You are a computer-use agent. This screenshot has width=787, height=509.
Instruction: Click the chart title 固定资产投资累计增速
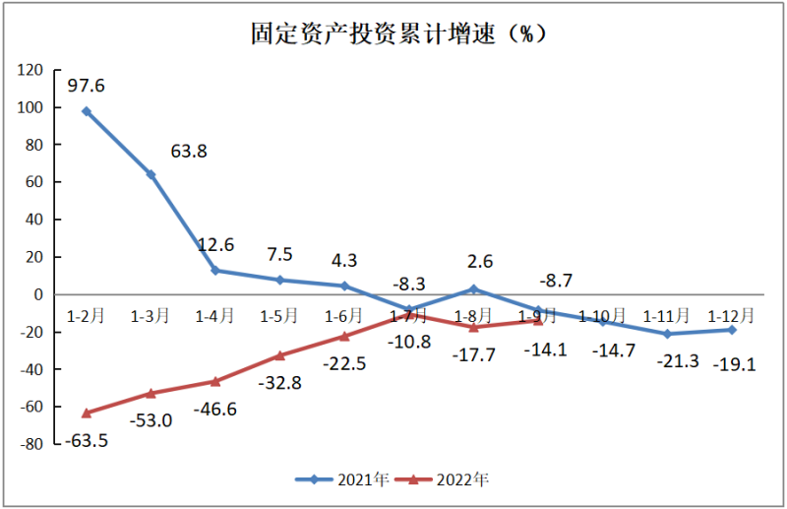pyautogui.click(x=393, y=33)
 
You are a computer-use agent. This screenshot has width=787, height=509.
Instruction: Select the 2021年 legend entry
pyautogui.click(x=344, y=480)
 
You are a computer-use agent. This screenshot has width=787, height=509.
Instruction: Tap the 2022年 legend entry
pyautogui.click(x=449, y=480)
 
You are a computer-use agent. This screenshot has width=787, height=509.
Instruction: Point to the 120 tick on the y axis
pyautogui.click(x=32, y=70)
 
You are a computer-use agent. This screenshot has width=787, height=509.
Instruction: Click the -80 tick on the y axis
pyautogui.click(x=32, y=444)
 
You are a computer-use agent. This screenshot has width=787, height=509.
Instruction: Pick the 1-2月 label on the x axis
pyautogui.click(x=86, y=316)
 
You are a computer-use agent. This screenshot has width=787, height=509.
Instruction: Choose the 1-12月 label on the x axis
pyautogui.click(x=732, y=316)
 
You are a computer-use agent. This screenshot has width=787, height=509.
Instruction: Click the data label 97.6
pyautogui.click(x=87, y=86)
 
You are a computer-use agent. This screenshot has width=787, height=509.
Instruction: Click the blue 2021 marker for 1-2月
pyautogui.click(x=87, y=111)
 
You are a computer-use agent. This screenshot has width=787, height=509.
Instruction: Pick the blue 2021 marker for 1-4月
pyautogui.click(x=215, y=271)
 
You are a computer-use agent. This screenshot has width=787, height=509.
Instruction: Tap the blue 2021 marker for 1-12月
pyautogui.click(x=732, y=330)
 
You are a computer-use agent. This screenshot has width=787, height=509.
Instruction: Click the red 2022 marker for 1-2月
pyautogui.click(x=87, y=413)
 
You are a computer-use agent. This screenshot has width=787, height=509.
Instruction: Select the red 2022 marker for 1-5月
pyautogui.click(x=279, y=355)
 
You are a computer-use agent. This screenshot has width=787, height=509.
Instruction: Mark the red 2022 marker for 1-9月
pyautogui.click(x=538, y=320)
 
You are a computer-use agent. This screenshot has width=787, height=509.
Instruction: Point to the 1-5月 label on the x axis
pyautogui.click(x=279, y=316)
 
